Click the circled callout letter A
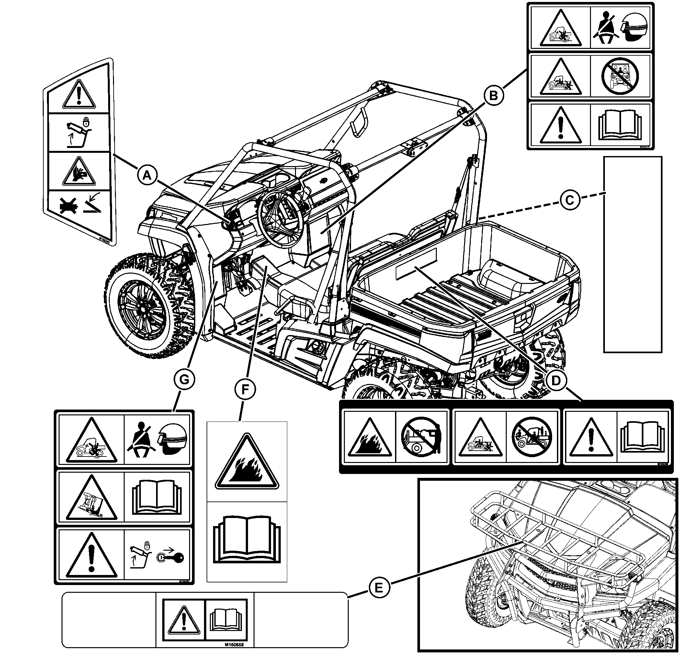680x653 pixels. (x=147, y=176)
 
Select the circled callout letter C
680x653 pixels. (x=570, y=200)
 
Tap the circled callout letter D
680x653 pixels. (x=555, y=381)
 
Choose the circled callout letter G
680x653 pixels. (x=184, y=380)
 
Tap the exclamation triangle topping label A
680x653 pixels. (x=79, y=95)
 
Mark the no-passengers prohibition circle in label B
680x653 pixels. (x=620, y=77)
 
